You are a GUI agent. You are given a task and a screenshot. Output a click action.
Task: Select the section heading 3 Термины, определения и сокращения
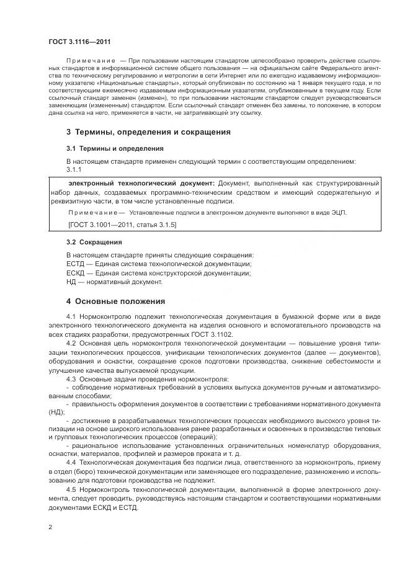pyautogui.click(x=148, y=132)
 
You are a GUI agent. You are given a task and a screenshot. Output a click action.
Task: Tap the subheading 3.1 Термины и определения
pyautogui.click(x=115, y=149)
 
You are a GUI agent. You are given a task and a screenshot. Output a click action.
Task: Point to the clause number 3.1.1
pyautogui.click(x=73, y=169)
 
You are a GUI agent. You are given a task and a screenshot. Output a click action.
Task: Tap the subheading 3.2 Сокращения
pyautogui.click(x=94, y=242)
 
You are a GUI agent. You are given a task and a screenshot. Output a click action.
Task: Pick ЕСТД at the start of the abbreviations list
pyautogui.click(x=76, y=264)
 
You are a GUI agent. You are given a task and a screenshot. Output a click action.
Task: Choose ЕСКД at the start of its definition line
pyautogui.click(x=76, y=273)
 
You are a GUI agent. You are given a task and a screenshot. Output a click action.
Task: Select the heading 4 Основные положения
pyautogui.click(x=115, y=301)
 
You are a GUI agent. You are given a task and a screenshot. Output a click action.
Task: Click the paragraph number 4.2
pyautogui.click(x=70, y=344)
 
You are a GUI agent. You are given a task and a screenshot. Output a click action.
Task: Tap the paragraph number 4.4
pyautogui.click(x=70, y=463)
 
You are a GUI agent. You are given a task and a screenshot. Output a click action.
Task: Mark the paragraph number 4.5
pyautogui.click(x=70, y=490)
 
